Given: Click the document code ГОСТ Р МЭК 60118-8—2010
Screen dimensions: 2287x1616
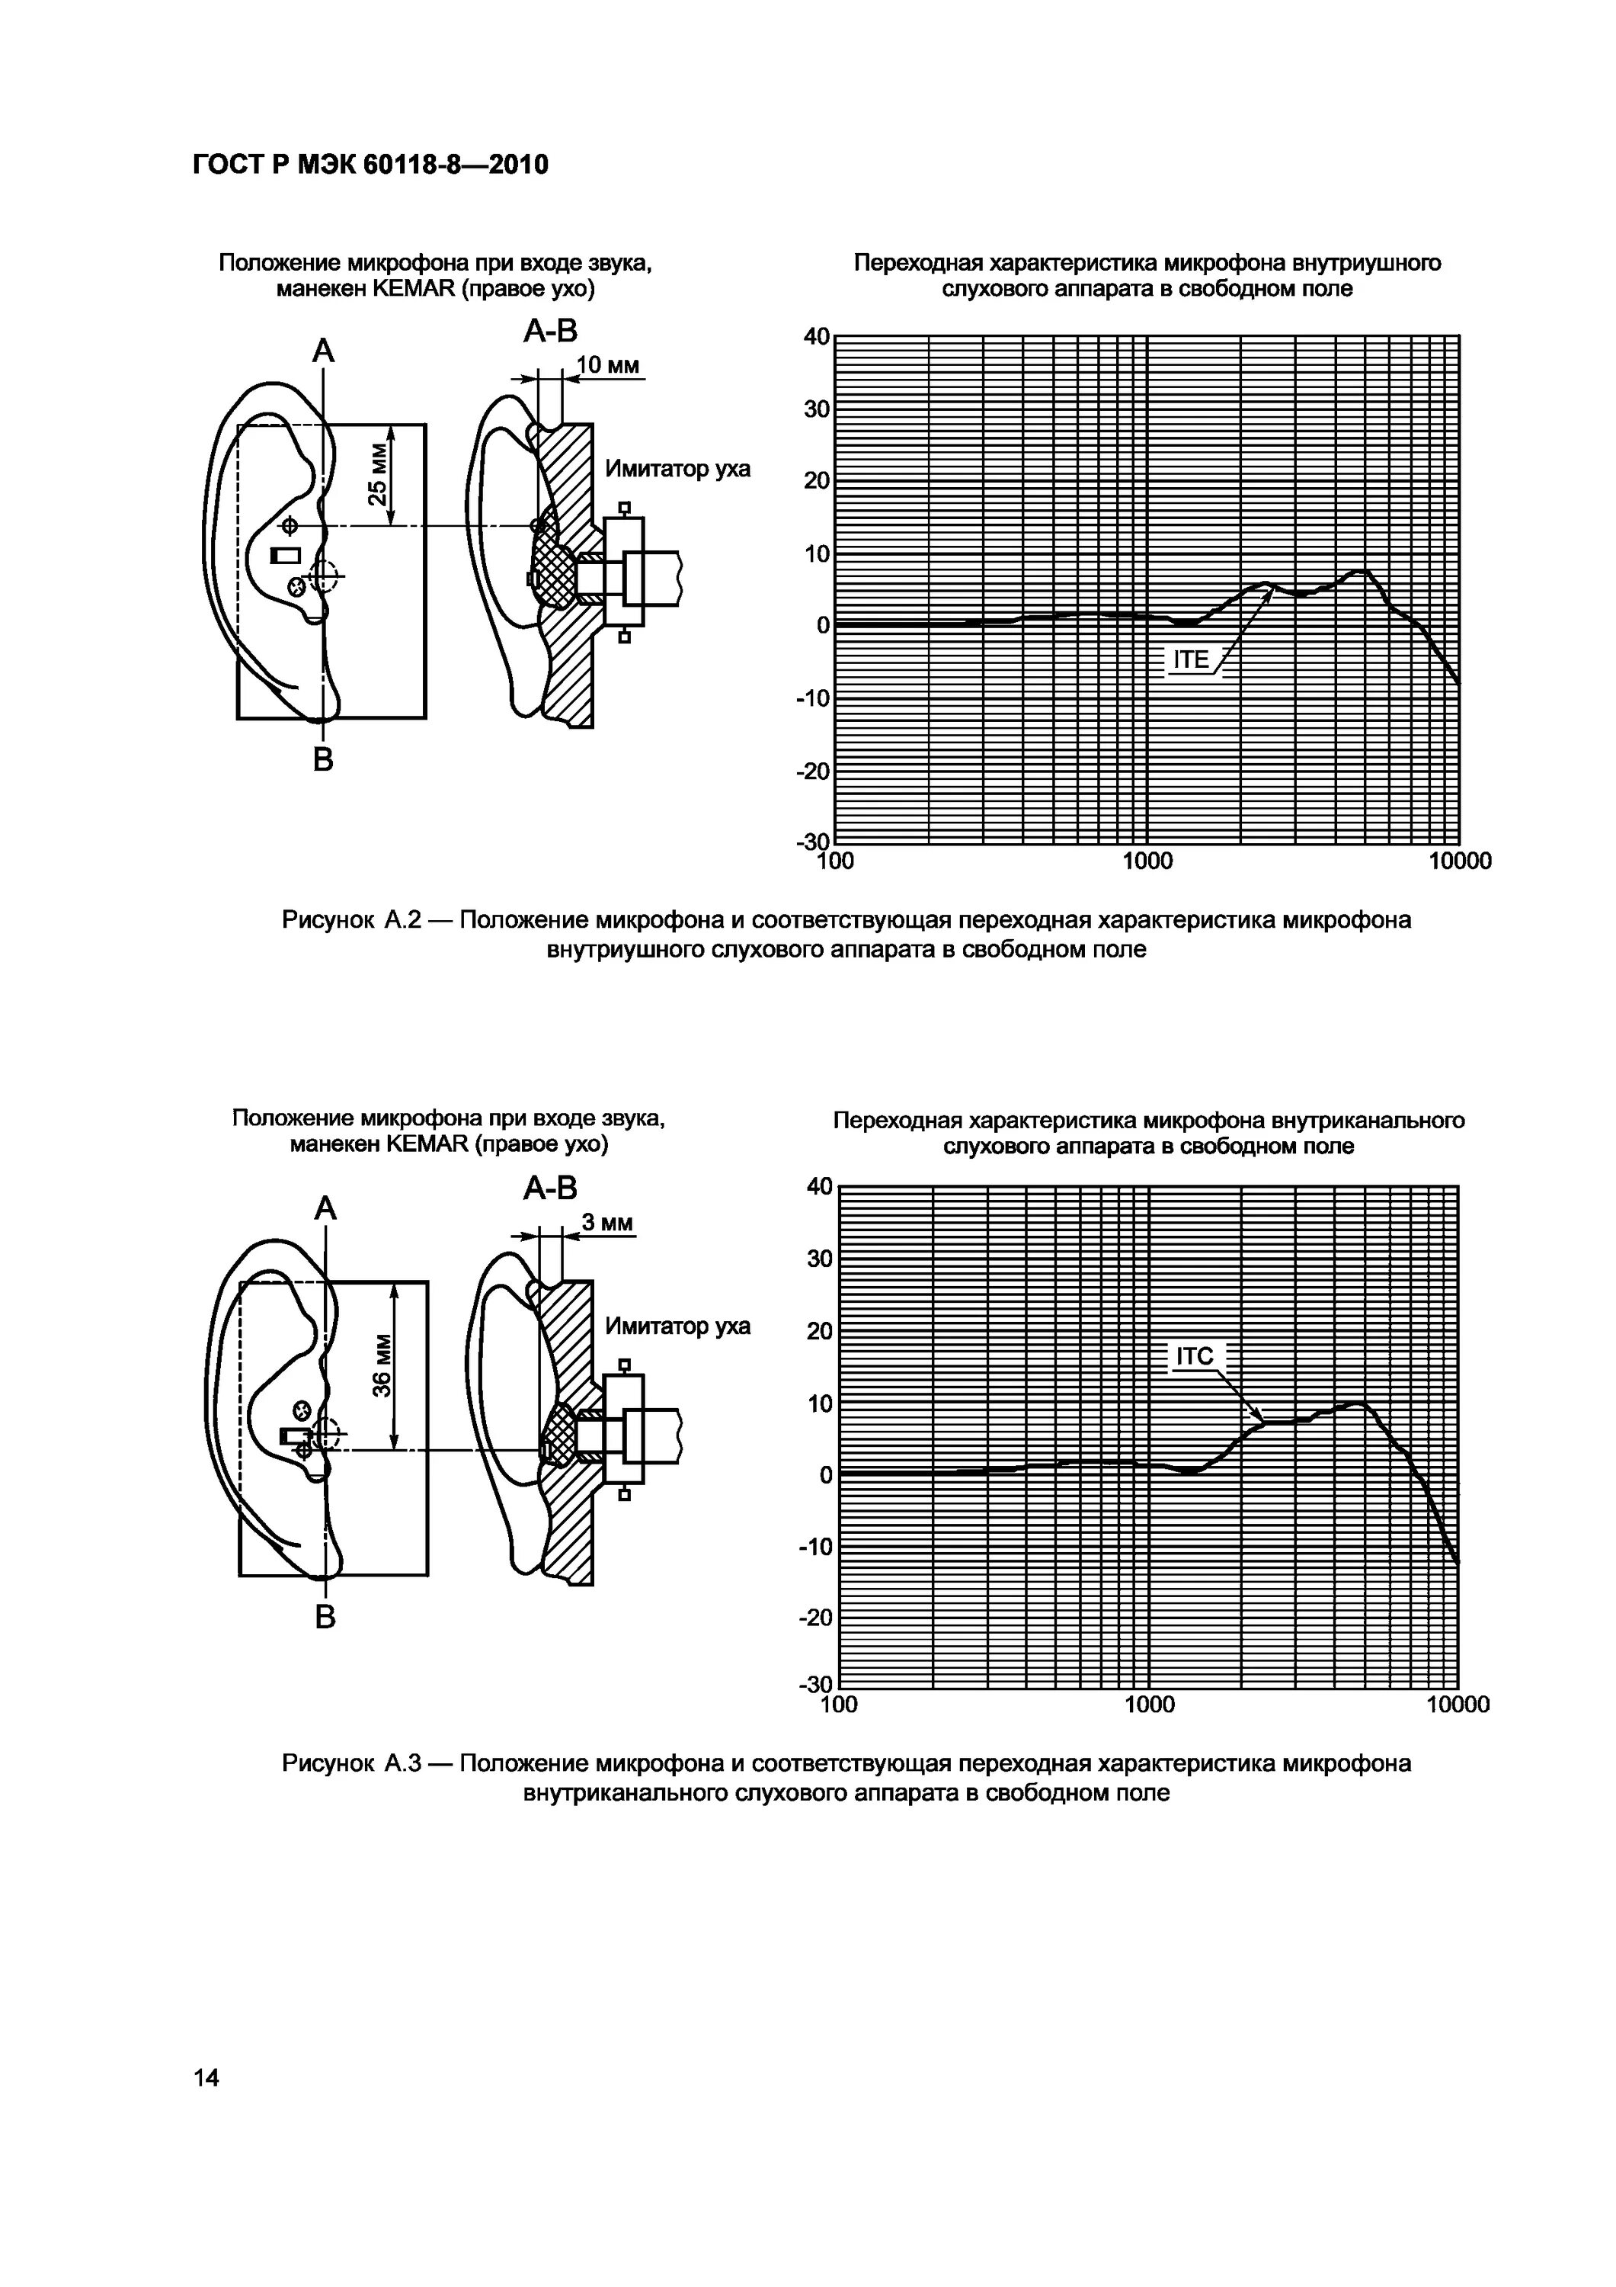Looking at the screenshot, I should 370,165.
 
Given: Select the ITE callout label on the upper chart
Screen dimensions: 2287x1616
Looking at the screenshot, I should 1191,659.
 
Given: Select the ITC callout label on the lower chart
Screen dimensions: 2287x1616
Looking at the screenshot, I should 1194,1357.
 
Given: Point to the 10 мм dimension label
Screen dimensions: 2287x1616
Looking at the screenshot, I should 607,366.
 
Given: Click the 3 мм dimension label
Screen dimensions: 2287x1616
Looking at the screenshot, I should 607,1222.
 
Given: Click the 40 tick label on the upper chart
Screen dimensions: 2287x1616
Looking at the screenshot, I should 817,337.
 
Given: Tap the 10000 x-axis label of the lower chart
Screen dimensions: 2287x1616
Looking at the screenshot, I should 1458,1705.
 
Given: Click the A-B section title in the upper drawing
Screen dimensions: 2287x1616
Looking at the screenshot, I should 551,332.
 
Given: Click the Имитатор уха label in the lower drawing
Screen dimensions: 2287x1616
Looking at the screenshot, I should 677,1326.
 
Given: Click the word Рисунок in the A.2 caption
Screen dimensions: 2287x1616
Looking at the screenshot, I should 328,920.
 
